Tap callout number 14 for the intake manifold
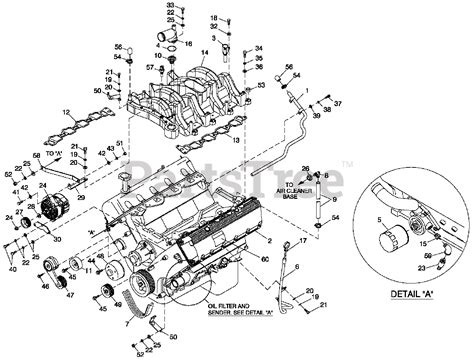pyautogui.click(x=204, y=52)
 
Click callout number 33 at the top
pyautogui.click(x=170, y=6)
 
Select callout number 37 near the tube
pyautogui.click(x=338, y=104)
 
